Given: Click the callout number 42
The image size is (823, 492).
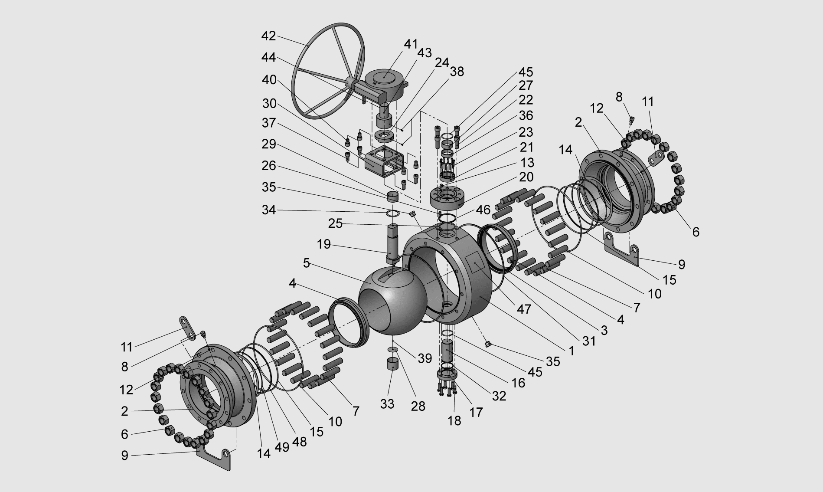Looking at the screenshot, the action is pyautogui.click(x=269, y=36).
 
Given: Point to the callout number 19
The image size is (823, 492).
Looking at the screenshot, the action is pyautogui.click(x=323, y=244).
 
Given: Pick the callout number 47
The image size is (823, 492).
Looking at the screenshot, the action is pyautogui.click(x=523, y=309).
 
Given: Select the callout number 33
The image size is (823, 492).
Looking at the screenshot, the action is pyautogui.click(x=387, y=404).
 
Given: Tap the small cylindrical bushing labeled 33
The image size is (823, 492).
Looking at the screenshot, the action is pyautogui.click(x=393, y=364).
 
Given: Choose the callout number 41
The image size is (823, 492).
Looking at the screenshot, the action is pyautogui.click(x=411, y=44).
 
